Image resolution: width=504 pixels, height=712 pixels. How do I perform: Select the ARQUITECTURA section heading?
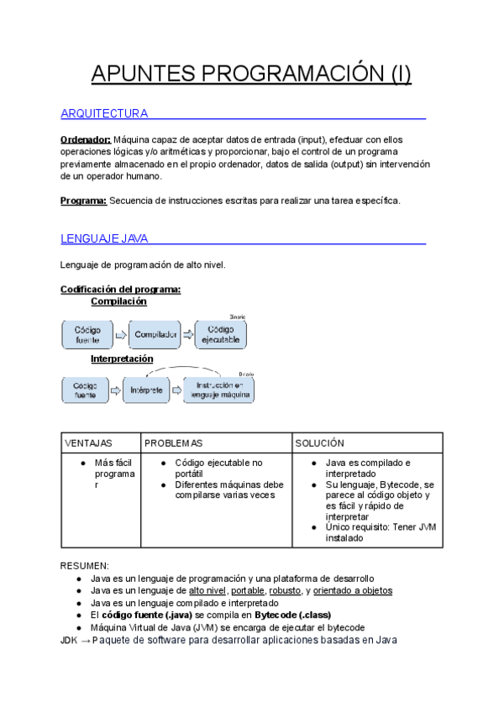tap(104, 113)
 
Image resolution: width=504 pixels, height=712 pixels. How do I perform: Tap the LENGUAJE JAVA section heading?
tap(104, 238)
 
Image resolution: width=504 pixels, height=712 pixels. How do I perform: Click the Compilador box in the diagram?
tap(155, 334)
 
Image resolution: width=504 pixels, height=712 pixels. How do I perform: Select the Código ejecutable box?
tap(221, 334)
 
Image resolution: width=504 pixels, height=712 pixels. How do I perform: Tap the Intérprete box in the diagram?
tap(146, 390)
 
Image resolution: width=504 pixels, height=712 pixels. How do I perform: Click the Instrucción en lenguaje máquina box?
tap(219, 390)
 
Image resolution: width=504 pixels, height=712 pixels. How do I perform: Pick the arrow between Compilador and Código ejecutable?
tap(188, 334)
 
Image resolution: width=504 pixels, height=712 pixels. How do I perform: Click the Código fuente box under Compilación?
tap(87, 334)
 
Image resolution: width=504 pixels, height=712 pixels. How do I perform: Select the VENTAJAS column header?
tap(88, 442)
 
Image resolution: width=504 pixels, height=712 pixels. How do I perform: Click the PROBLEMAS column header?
tap(174, 442)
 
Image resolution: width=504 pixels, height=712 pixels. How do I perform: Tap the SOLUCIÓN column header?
tap(320, 442)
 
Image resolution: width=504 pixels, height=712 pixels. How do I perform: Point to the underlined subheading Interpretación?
tap(128, 358)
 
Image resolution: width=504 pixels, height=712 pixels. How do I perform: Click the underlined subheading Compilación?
tap(118, 301)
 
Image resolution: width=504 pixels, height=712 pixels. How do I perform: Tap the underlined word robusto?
tap(286, 590)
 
